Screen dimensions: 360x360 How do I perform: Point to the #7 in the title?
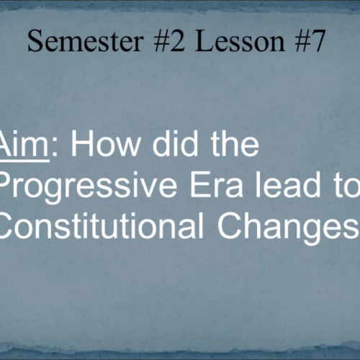coord(303,43)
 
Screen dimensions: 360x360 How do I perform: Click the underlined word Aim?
coord(22,146)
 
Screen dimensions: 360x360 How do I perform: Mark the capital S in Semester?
coord(35,43)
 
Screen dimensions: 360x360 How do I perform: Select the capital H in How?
coord(78,146)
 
